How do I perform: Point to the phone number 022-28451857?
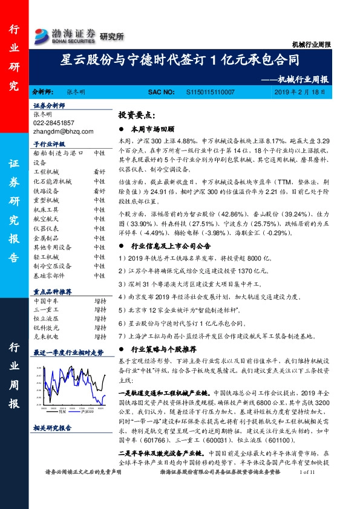pyautogui.click(x=54, y=122)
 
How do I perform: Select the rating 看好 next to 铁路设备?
pyautogui.click(x=100, y=190)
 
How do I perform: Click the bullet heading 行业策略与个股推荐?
pyautogui.click(x=163, y=349)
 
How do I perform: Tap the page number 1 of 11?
pyautogui.click(x=309, y=489)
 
